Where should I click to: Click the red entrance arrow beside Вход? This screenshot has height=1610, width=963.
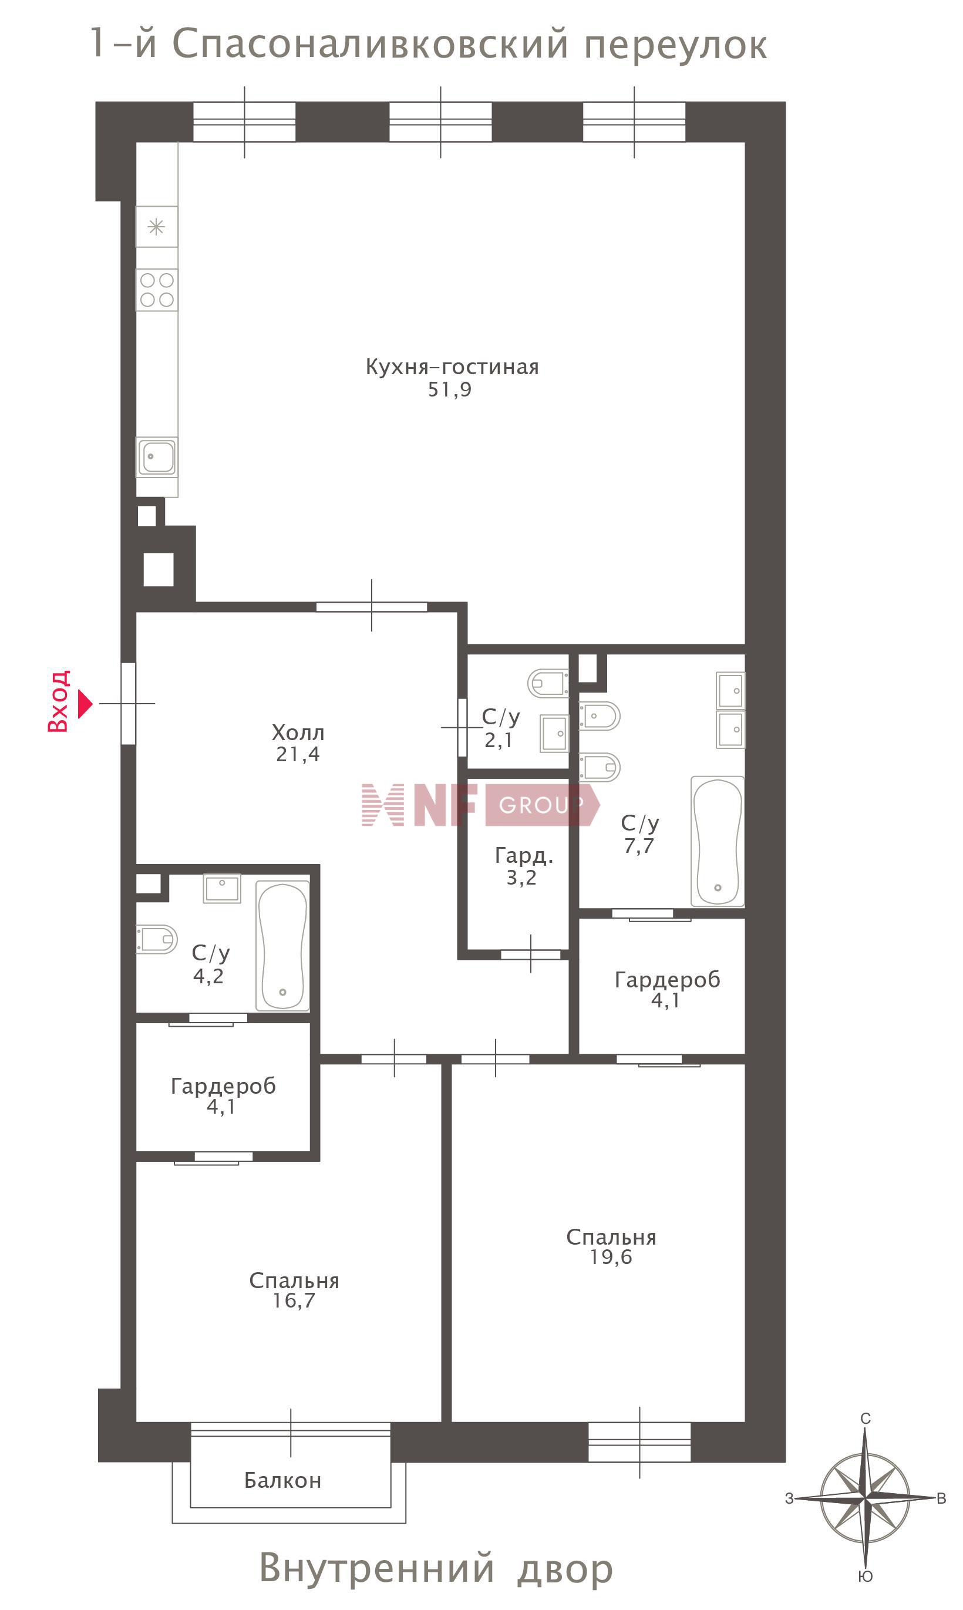(85, 704)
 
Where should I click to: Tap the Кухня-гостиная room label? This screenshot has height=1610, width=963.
(452, 367)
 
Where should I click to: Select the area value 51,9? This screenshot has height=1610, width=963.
(450, 389)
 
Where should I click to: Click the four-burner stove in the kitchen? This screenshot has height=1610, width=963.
(157, 290)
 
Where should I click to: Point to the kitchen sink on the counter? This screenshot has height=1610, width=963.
(157, 457)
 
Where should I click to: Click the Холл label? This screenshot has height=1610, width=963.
(298, 732)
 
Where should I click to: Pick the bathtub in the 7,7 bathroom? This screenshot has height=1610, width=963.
(718, 842)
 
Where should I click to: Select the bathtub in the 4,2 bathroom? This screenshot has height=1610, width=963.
(283, 946)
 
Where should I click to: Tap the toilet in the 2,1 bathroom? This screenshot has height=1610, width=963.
(548, 683)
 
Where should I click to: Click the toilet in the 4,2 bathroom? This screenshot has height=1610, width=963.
(156, 939)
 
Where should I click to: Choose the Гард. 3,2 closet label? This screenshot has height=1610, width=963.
(524, 866)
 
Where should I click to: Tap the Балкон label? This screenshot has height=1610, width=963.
(283, 1480)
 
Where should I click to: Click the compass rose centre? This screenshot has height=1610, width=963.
(865, 1498)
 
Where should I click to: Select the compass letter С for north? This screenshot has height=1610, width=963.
(866, 1419)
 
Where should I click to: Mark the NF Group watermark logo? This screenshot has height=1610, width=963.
(480, 805)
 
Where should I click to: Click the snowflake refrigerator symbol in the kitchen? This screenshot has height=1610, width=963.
(156, 227)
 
